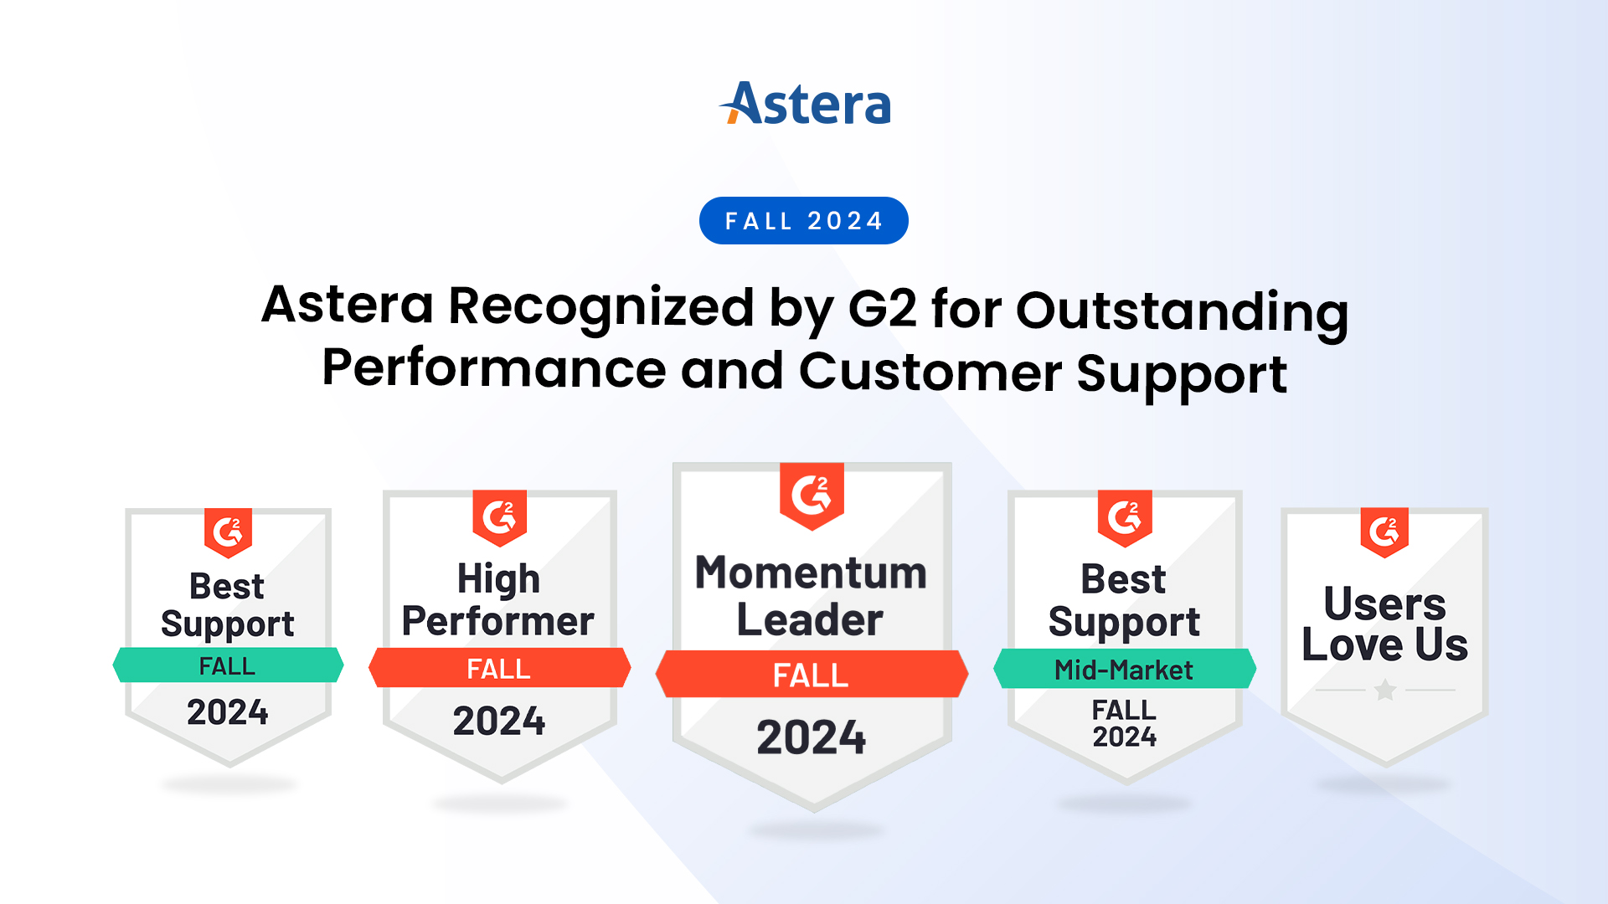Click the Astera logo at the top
[x=805, y=104]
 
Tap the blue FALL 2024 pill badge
[x=804, y=221]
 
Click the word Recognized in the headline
[x=600, y=306]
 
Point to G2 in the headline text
[x=882, y=308]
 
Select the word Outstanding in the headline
[x=1182, y=311]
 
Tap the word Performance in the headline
[x=494, y=368]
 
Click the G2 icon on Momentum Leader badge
[x=812, y=496]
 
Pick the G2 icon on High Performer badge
[x=500, y=516]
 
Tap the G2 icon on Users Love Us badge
[x=1384, y=532]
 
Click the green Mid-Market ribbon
[x=1124, y=670]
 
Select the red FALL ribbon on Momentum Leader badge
[x=811, y=675]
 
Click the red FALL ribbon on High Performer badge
[x=499, y=669]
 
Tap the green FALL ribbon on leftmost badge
[x=228, y=665]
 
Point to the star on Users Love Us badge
[x=1385, y=690]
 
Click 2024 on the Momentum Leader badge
[x=811, y=737]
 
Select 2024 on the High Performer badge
[x=499, y=721]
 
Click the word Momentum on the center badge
[x=811, y=573]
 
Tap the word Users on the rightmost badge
[x=1384, y=604]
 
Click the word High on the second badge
[x=498, y=579]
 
